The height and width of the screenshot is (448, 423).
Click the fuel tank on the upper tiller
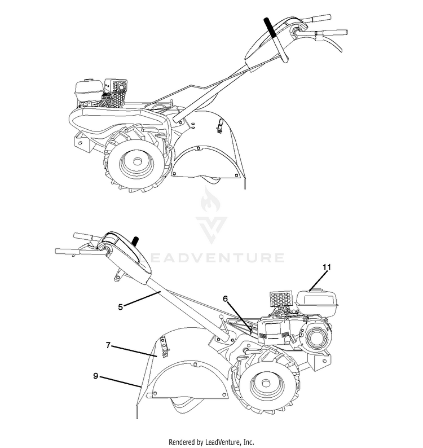coord(90,87)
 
